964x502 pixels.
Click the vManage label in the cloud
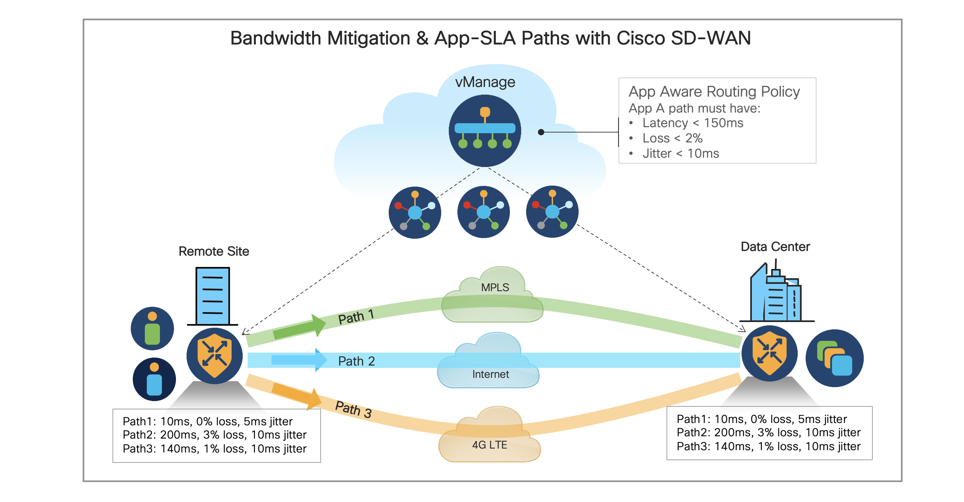pos(485,82)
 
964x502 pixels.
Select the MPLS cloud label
pos(495,288)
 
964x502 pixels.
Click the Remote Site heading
pos(214,251)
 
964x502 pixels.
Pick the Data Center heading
pos(775,247)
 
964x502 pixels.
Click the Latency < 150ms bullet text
pos(692,123)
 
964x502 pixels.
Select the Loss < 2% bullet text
pos(672,138)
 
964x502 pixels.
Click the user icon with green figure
pos(152,328)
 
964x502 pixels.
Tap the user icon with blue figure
pos(154,379)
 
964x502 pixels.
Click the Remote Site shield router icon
pos(214,356)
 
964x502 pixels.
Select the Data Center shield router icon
pos(769,353)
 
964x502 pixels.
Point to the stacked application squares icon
pos(834,358)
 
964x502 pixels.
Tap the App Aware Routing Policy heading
pos(714,92)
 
